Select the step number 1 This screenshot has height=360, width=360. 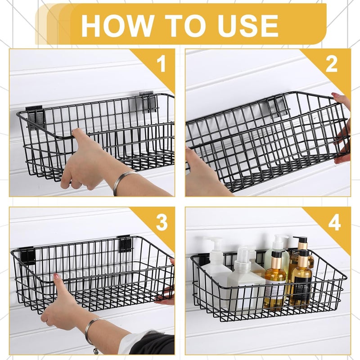click(161, 64)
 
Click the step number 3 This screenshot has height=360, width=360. click(161, 222)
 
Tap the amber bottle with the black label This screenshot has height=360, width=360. click(301, 283)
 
